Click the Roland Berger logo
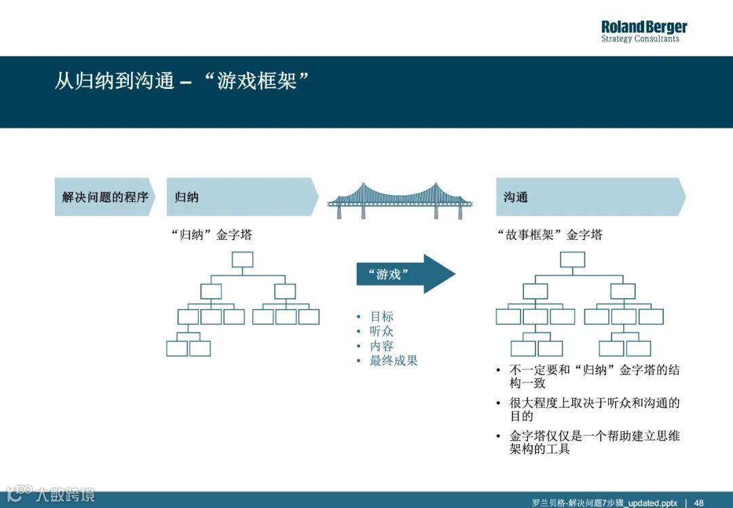[x=643, y=31]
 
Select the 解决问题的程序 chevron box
[x=105, y=197]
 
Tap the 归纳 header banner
[x=242, y=197]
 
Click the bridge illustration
[x=400, y=200]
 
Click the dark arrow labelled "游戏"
[x=405, y=274]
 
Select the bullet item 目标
[x=381, y=316]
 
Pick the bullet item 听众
[x=381, y=331]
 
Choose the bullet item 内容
[x=381, y=346]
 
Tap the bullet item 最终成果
[x=394, y=361]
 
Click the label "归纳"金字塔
[x=212, y=235]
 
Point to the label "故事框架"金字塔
[x=550, y=235]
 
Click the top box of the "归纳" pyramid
[x=242, y=259]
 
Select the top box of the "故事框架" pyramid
[x=572, y=259]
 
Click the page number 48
[x=698, y=503]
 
